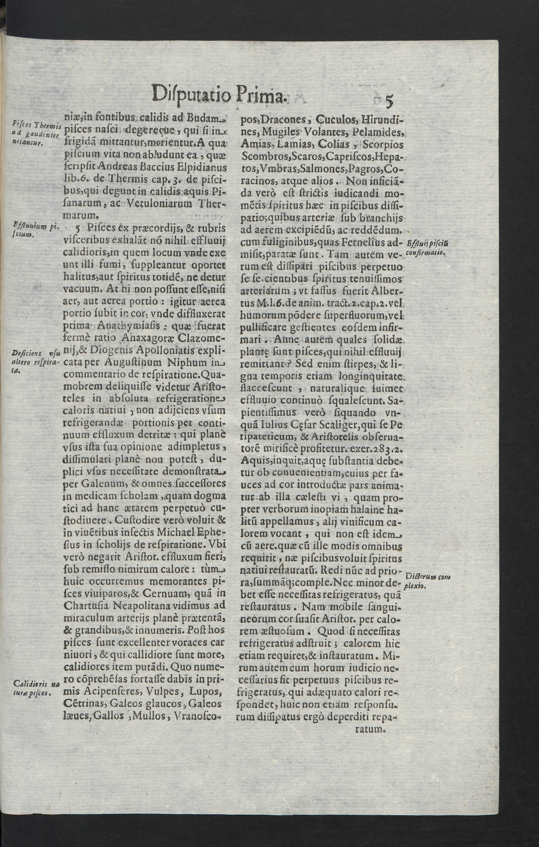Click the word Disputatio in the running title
(x=191, y=93)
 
